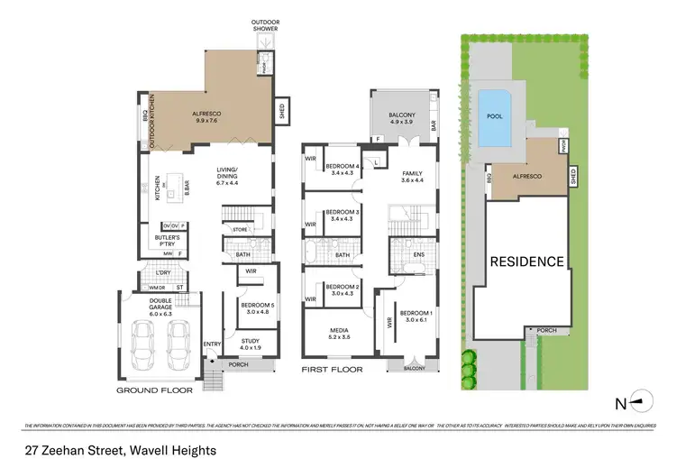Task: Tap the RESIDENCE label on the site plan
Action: (527, 262)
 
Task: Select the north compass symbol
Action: (637, 397)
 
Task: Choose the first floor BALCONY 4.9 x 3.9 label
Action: (402, 117)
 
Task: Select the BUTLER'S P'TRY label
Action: (169, 242)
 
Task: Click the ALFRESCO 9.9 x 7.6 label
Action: (209, 117)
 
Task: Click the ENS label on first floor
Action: (419, 255)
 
